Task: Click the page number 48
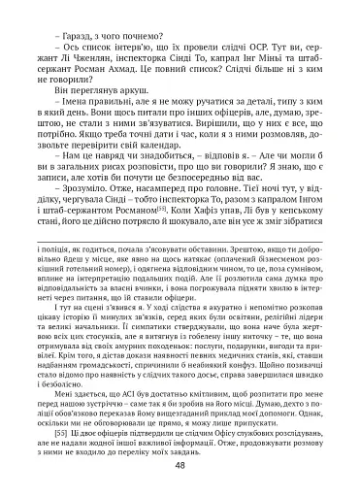pos(180,465)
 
